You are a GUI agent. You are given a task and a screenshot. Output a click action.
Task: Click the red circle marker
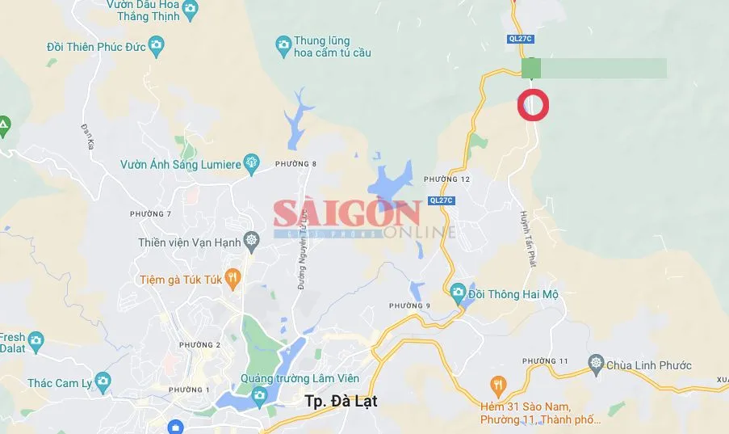(x=533, y=105)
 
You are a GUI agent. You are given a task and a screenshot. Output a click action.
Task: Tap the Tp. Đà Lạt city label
(x=341, y=401)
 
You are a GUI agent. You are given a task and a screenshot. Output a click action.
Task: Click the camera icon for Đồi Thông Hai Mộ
(x=458, y=292)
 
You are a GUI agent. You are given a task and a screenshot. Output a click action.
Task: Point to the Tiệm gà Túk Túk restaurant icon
(x=233, y=279)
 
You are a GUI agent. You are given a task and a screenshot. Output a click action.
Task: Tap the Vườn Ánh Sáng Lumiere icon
(x=252, y=163)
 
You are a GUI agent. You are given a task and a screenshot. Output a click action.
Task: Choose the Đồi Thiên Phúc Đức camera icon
(x=157, y=45)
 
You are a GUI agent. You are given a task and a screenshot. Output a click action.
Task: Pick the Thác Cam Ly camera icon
(x=102, y=380)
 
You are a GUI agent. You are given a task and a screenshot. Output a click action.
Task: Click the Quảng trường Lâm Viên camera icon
(x=259, y=394)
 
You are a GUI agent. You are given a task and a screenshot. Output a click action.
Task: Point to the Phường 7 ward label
(x=150, y=213)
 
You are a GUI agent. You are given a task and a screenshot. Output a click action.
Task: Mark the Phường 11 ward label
(x=546, y=360)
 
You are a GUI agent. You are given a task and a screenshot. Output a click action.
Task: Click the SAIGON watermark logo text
(x=346, y=214)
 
